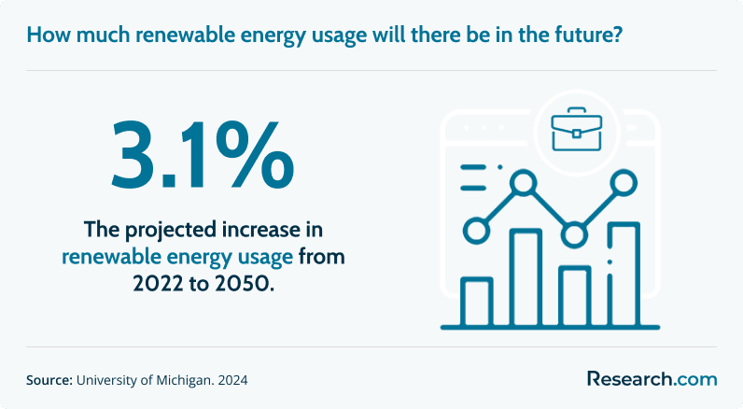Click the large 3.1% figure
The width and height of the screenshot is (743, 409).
coord(203,155)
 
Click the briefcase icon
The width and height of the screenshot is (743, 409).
coord(576,129)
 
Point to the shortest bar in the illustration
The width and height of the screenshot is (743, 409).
coord(477,302)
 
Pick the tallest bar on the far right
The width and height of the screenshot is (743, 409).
coord(624,274)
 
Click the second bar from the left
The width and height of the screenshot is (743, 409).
coord(526,277)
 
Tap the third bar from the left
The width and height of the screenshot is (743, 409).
coord(575,296)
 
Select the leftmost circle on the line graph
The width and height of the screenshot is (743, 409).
coord(476,231)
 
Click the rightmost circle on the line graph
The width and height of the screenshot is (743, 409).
coord(624,182)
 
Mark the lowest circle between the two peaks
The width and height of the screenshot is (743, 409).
coord(574,234)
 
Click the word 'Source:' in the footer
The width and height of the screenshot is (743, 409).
coord(49,380)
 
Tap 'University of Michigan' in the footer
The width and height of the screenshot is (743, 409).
coord(144,380)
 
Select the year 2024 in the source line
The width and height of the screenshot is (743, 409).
coord(232,380)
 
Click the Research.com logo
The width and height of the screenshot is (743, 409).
coord(652,379)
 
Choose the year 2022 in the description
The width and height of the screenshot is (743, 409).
coord(158,284)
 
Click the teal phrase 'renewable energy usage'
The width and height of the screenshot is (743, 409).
coord(177,258)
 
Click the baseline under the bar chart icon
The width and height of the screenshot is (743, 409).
coord(550,328)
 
